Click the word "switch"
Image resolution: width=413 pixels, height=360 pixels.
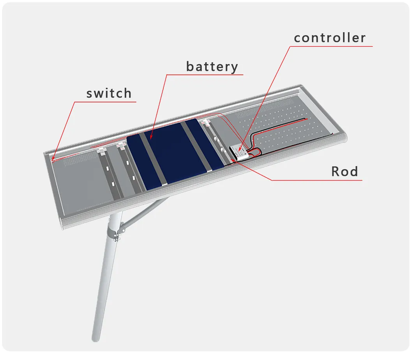(x=109, y=93)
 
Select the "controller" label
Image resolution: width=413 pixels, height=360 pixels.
(x=330, y=38)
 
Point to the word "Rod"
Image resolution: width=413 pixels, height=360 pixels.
(x=344, y=171)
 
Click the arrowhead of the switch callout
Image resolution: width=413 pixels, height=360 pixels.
(x=53, y=158)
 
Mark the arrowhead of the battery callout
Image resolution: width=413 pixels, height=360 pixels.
(x=151, y=137)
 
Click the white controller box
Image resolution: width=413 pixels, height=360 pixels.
(x=239, y=152)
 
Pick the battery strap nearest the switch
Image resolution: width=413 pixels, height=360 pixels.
(x=153, y=160)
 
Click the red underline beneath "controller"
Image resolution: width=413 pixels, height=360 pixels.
(x=331, y=47)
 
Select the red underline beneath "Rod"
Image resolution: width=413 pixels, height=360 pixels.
(x=317, y=181)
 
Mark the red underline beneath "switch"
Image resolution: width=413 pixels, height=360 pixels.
(x=105, y=102)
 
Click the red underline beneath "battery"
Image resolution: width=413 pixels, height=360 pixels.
(x=205, y=75)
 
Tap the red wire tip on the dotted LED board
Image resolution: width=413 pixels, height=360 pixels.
(x=307, y=119)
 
